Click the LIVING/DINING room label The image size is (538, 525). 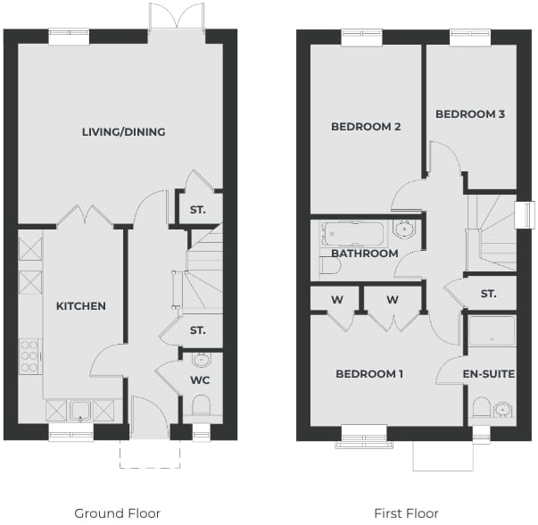click(123, 132)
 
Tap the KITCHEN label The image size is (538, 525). click(81, 306)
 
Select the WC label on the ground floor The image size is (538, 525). click(200, 380)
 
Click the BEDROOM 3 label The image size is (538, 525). click(470, 114)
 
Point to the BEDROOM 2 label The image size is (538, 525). click(366, 127)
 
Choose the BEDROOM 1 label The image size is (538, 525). click(369, 373)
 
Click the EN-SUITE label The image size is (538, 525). click(489, 373)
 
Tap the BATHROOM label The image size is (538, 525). click(365, 254)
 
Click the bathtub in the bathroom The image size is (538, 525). click(352, 234)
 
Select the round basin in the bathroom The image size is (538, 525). click(404, 229)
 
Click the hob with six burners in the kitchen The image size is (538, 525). click(30, 356)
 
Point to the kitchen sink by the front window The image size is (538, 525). click(80, 411)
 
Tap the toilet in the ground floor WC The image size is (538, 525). click(201, 405)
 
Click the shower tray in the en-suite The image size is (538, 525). click(492, 330)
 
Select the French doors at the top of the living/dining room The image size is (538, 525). click(177, 16)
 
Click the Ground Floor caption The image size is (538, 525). click(118, 513)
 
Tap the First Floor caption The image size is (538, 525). click(406, 513)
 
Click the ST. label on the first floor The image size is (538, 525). click(489, 294)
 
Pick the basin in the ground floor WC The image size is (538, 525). click(202, 360)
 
